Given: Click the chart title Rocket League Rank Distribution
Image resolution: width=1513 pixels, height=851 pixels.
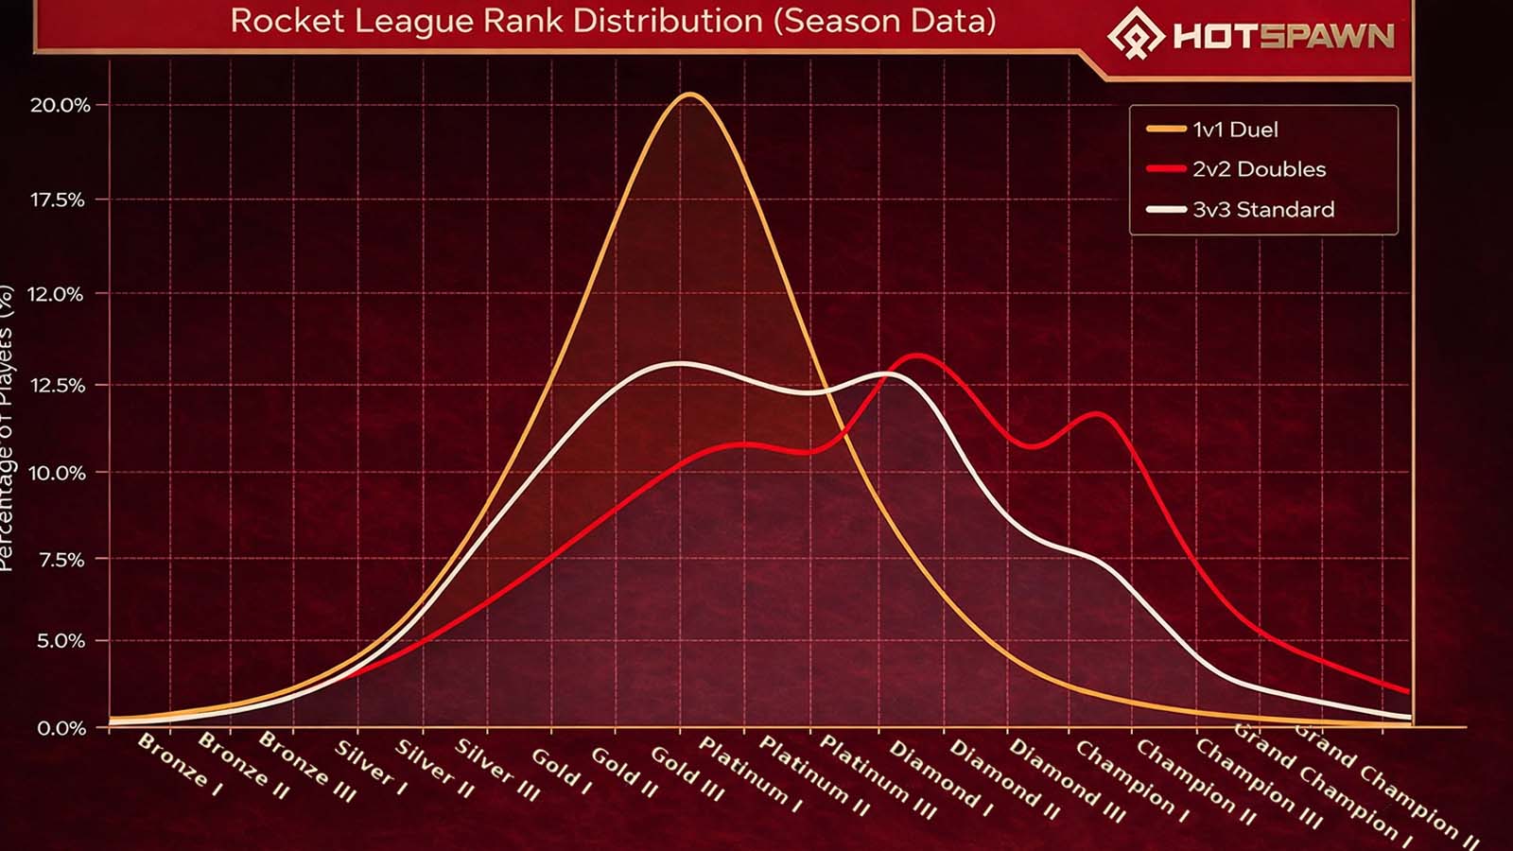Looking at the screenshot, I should [613, 21].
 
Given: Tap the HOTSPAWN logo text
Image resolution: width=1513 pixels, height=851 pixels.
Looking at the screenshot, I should [1283, 37].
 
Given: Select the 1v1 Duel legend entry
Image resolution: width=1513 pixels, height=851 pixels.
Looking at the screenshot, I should [1234, 130].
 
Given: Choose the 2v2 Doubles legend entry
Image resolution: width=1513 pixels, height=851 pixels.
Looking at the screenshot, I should [1258, 169].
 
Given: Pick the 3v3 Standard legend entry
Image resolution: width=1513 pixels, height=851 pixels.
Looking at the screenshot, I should [1262, 209].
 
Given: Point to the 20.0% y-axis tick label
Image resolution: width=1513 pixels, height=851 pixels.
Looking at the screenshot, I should [61, 105].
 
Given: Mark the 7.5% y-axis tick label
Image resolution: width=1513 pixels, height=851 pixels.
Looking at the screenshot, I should [61, 560].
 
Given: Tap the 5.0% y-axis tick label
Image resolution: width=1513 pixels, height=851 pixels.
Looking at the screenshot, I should [61, 641].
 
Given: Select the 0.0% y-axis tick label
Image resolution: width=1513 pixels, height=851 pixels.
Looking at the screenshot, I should [61, 728].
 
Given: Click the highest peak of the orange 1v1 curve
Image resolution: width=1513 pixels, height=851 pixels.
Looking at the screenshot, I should [690, 95].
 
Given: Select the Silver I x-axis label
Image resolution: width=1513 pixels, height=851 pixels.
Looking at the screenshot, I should [372, 763].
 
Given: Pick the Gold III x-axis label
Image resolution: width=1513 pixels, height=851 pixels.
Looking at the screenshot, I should [688, 773].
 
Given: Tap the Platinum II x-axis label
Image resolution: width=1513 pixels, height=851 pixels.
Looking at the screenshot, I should [815, 775].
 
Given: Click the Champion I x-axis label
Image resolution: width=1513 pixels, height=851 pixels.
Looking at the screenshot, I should [1132, 778].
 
